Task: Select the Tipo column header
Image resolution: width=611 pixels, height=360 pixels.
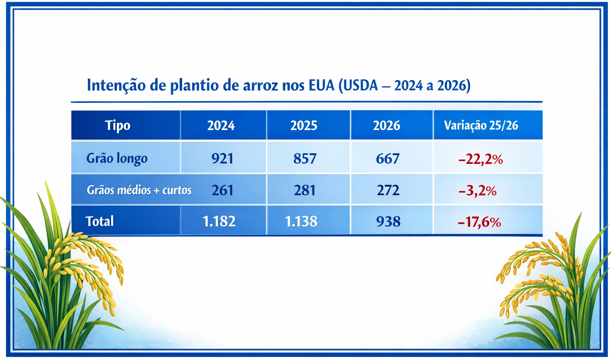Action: click(118, 126)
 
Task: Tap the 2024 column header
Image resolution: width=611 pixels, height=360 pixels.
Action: click(221, 126)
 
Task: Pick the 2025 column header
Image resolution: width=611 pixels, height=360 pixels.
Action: click(304, 126)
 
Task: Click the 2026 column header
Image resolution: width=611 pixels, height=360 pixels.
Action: click(387, 126)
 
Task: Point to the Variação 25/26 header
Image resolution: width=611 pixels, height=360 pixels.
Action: click(481, 126)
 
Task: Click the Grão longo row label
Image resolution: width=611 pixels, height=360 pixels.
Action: click(117, 158)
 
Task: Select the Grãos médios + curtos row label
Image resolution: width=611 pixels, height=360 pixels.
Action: click(139, 190)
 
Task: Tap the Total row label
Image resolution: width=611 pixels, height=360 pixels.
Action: click(100, 221)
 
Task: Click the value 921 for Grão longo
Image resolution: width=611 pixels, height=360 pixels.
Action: click(222, 159)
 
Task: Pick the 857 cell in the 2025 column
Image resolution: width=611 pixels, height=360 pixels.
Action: click(304, 159)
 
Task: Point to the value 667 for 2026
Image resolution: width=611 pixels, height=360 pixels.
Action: click(388, 159)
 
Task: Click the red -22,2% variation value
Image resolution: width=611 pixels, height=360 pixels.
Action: click(481, 160)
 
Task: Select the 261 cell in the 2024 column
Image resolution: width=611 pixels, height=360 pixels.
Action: click(222, 190)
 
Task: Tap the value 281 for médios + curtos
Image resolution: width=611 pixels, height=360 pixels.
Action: click(304, 190)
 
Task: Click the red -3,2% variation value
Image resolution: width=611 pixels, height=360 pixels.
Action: click(478, 191)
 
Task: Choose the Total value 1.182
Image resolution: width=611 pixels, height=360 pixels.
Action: click(219, 222)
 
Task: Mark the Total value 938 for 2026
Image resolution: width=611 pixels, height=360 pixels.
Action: click(389, 222)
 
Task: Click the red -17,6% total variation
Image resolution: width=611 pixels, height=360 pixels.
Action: click(479, 222)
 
